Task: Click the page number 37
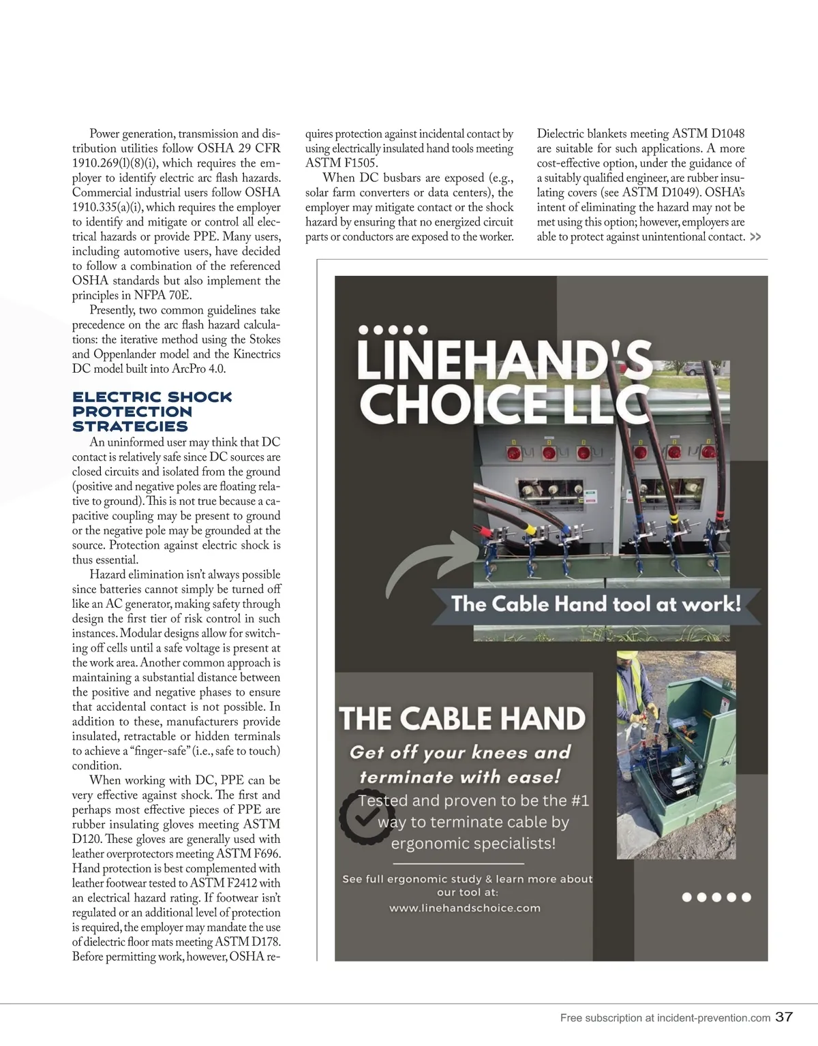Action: pyautogui.click(x=784, y=1018)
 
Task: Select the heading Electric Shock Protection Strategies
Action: pyautogui.click(x=152, y=412)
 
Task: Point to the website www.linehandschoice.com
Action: pyautogui.click(x=465, y=908)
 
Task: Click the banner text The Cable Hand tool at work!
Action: pyautogui.click(x=596, y=604)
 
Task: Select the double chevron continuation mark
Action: pyautogui.click(x=755, y=237)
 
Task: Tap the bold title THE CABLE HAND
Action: pyautogui.click(x=462, y=719)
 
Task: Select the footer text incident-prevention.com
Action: pyautogui.click(x=713, y=1019)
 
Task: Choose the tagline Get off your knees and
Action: pyautogui.click(x=460, y=752)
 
